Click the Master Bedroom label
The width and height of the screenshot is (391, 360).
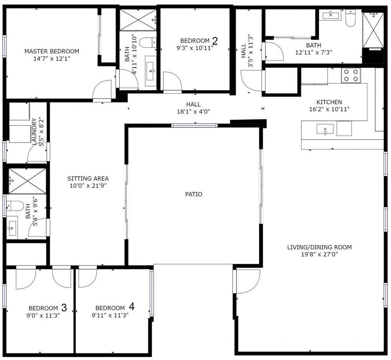52,51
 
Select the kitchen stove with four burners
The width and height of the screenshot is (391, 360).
350,75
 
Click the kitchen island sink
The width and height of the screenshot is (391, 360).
325,129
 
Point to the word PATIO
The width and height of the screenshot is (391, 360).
194,194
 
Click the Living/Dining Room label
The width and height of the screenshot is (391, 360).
319,247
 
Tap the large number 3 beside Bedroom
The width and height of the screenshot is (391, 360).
64,308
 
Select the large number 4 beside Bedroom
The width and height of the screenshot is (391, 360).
131,307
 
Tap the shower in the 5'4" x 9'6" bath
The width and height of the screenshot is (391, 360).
27,181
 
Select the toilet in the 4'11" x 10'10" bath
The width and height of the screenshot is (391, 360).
148,42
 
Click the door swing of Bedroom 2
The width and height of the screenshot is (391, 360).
172,81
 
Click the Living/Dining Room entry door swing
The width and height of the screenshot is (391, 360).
246,281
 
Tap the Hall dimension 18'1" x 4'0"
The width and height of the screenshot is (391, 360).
194,111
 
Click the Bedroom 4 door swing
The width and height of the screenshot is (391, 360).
88,276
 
